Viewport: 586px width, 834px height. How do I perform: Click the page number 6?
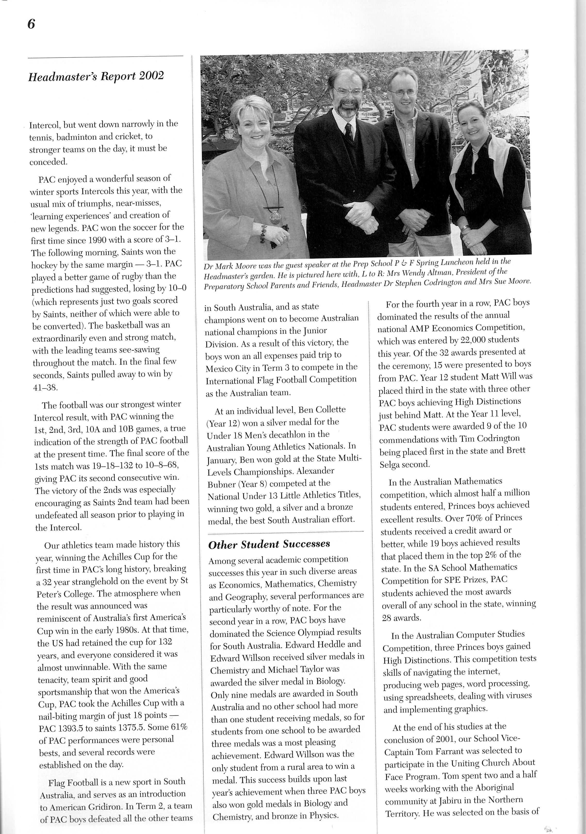point(31,24)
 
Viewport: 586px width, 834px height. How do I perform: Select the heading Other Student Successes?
point(269,544)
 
